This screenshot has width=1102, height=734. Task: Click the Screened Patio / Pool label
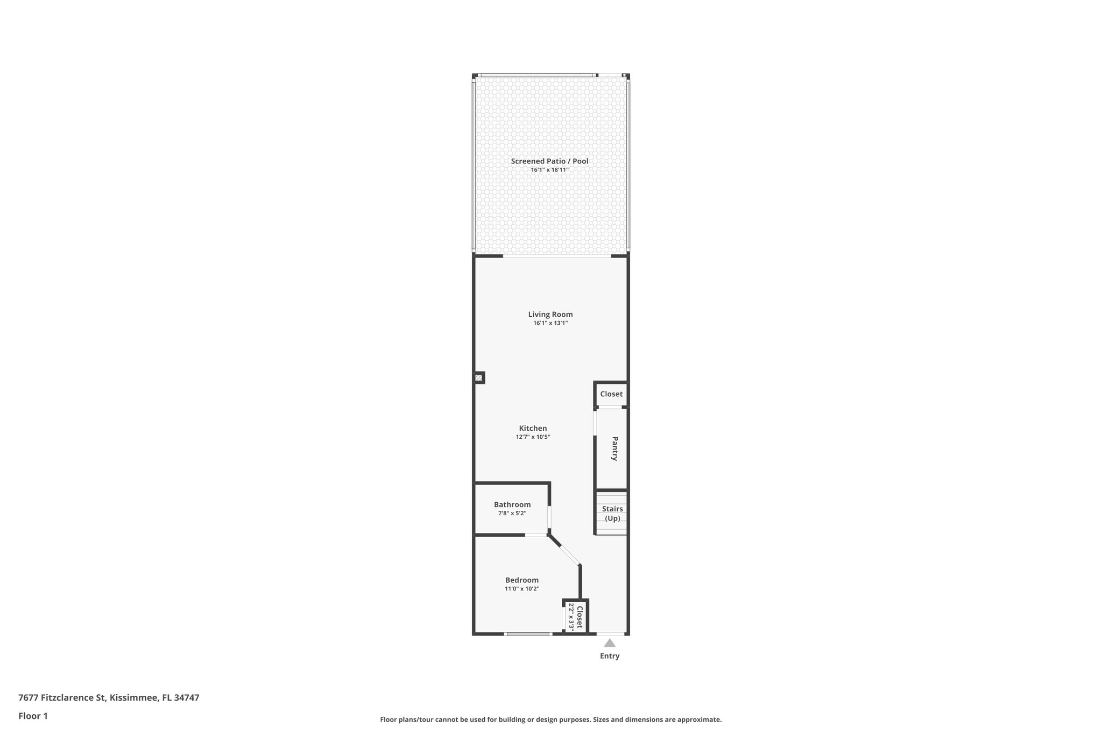(549, 161)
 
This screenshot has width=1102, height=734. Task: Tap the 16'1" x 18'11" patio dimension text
(549, 170)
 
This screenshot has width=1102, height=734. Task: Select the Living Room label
(550, 315)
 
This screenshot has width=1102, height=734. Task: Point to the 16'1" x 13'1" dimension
(550, 323)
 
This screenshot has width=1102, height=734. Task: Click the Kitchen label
(533, 429)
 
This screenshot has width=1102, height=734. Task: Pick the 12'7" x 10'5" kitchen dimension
(533, 437)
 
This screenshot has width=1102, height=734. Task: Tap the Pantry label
(614, 448)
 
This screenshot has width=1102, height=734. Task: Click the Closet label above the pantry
(611, 394)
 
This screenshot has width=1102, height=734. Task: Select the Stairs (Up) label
(612, 514)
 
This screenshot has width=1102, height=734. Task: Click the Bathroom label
(512, 504)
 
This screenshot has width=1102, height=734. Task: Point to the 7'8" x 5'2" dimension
(512, 513)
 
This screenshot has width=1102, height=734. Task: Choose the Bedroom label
(521, 580)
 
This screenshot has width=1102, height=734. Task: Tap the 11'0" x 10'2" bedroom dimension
(521, 589)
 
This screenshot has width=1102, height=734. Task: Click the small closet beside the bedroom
(576, 617)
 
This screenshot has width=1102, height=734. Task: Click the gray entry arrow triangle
(609, 643)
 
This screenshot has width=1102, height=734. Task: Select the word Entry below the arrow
(610, 656)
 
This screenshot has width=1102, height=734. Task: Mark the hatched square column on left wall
(478, 377)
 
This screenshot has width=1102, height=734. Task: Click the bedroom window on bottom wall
(528, 634)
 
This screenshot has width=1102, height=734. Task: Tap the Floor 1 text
(33, 716)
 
